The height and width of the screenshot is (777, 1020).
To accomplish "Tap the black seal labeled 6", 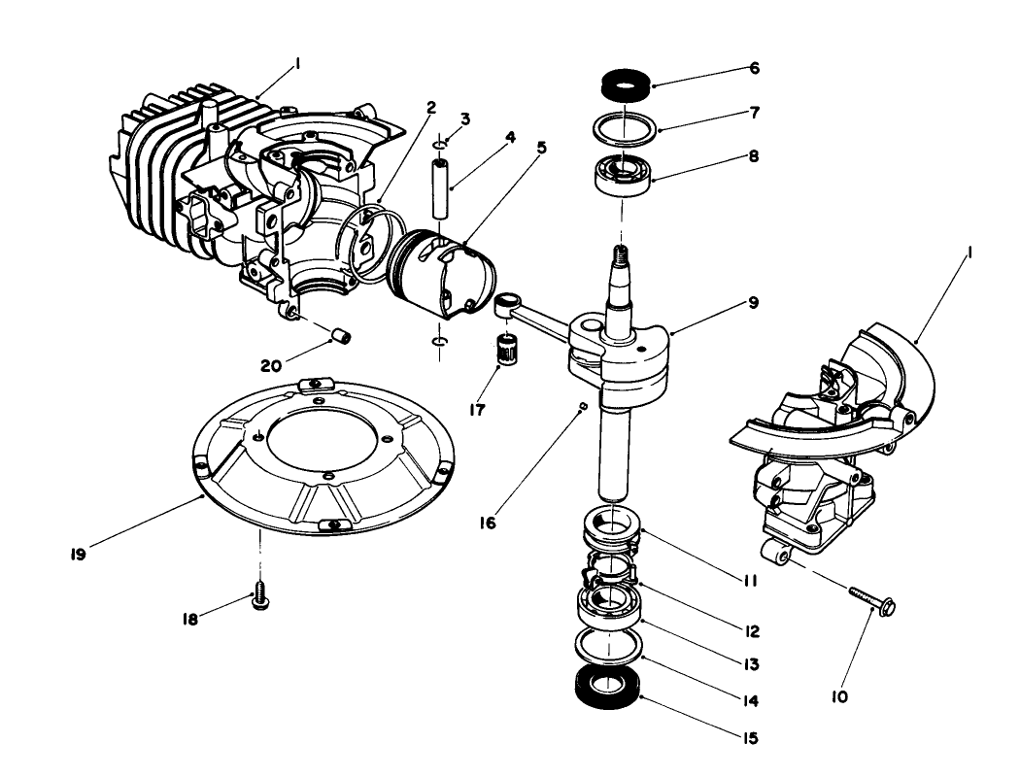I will pos(623,84).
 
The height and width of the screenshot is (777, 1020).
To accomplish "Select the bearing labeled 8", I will pos(622,175).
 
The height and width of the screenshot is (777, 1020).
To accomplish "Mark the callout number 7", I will pos(753,112).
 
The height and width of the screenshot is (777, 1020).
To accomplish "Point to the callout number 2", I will pos(431,108).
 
